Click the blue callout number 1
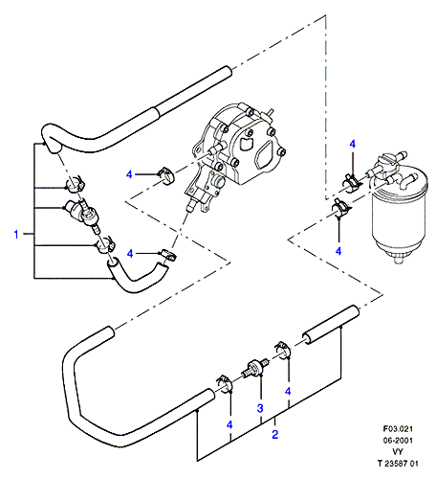16,235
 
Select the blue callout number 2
275,434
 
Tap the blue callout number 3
260,408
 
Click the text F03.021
398,428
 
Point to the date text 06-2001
398,441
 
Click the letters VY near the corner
398,452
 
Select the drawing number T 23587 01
398,464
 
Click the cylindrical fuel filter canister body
399,217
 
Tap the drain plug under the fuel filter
397,260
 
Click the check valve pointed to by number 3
255,367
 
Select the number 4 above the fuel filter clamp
353,144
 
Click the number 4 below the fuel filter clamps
338,251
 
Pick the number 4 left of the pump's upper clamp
129,174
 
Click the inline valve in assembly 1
82,214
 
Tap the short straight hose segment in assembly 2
330,325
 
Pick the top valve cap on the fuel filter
386,161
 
